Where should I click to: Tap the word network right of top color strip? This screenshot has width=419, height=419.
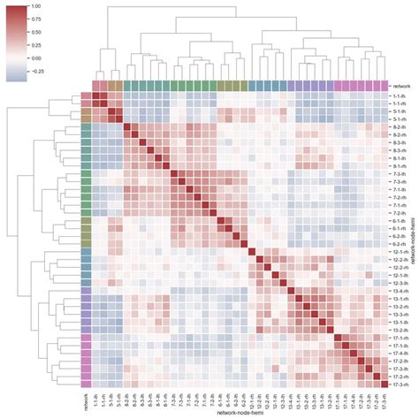tap(400, 86)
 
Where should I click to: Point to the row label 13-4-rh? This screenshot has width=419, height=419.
tap(400, 290)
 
